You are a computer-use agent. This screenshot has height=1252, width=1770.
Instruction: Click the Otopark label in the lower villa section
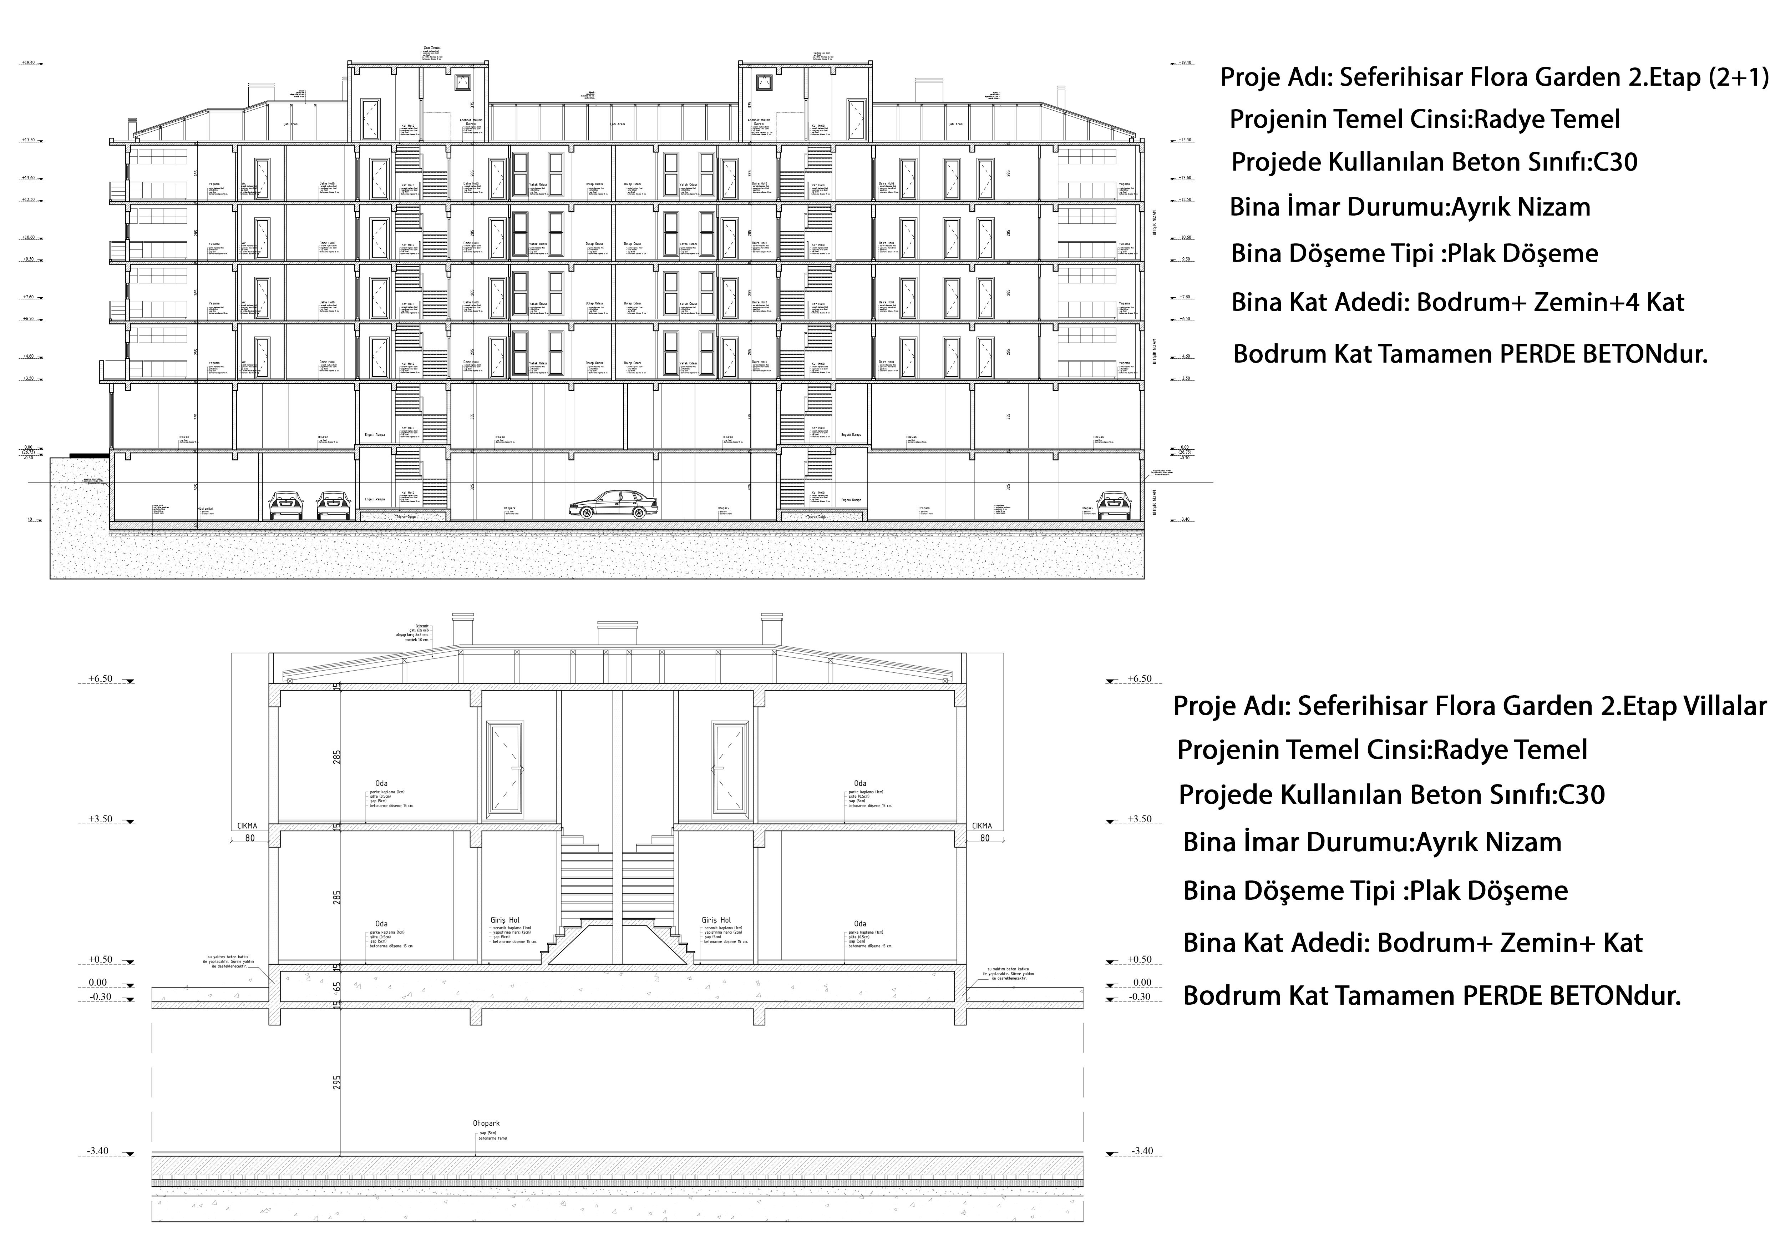pos(486,1123)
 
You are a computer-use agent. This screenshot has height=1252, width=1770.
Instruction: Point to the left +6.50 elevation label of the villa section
pos(100,678)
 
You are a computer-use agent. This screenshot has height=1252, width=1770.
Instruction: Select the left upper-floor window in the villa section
pos(505,767)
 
